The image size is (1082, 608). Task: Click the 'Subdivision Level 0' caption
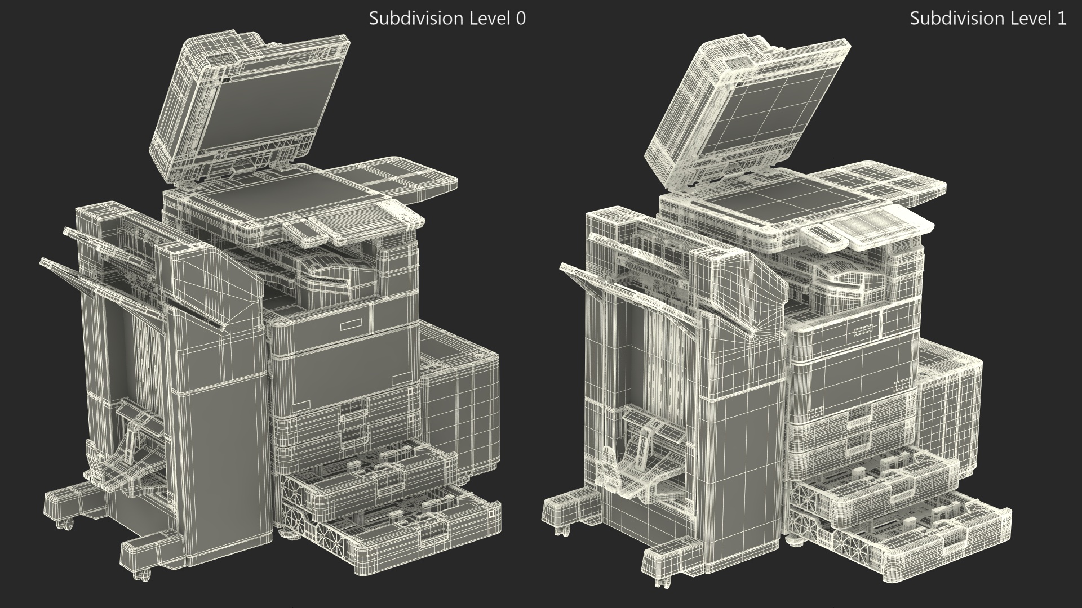pyautogui.click(x=447, y=19)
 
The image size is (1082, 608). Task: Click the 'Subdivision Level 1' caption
pyautogui.click(x=988, y=19)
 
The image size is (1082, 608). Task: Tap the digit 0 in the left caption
pyautogui.click(x=521, y=19)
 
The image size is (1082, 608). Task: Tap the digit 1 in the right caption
pyautogui.click(x=1062, y=19)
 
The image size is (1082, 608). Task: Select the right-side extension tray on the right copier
pyautogui.click(x=896, y=183)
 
